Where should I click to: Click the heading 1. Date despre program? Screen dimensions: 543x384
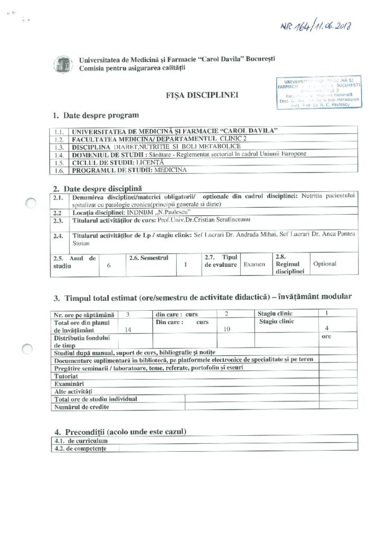pos(95,115)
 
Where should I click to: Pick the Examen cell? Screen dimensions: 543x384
pos(254,263)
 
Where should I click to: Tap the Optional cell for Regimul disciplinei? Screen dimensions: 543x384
pos(325,263)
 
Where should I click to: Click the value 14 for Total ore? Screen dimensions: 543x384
pos(127,329)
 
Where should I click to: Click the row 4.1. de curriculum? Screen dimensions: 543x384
pos(78,441)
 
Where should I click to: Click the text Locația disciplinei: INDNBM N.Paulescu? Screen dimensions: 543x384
pos(124,212)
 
